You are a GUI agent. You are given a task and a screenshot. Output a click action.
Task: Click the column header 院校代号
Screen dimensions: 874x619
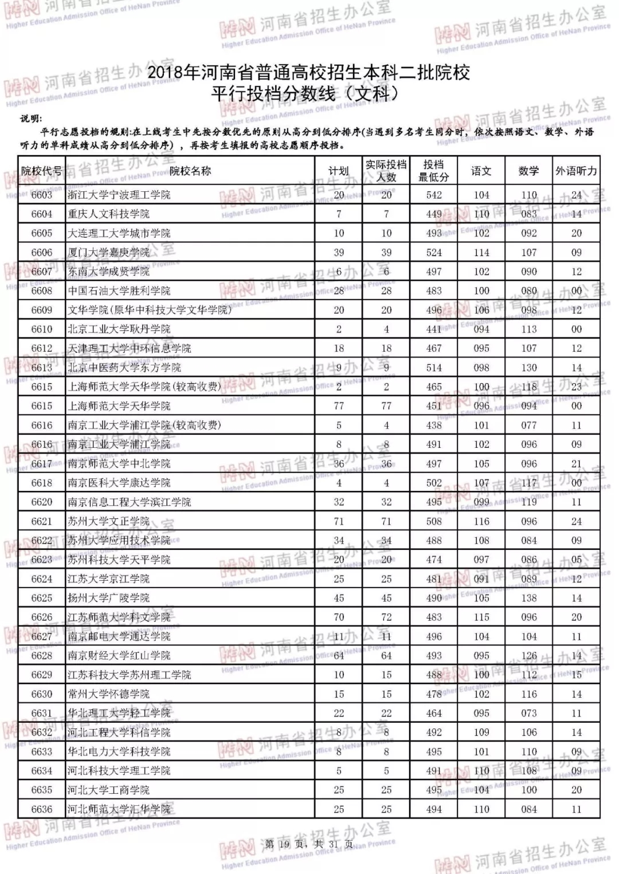click(41, 171)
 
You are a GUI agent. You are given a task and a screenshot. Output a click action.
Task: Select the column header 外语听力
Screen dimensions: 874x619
click(576, 171)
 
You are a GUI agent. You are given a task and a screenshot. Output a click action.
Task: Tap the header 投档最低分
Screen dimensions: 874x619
click(433, 171)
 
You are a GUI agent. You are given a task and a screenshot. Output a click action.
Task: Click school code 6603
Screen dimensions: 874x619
click(42, 195)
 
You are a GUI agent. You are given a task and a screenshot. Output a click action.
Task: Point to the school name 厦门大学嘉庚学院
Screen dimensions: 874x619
click(108, 253)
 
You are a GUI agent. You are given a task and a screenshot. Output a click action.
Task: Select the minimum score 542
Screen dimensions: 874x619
click(434, 195)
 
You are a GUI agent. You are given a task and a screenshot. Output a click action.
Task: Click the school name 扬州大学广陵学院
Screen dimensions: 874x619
click(108, 598)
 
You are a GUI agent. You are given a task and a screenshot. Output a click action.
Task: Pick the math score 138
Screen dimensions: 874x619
click(529, 598)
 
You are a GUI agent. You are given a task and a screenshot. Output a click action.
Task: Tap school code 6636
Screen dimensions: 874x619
click(42, 809)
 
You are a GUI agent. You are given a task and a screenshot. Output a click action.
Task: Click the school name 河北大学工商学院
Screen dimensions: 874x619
click(108, 790)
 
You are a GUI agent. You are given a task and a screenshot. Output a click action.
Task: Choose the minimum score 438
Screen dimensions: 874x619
click(434, 425)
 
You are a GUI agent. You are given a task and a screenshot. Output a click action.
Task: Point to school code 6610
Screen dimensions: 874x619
click(42, 329)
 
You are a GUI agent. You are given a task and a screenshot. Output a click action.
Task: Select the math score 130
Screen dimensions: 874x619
click(529, 368)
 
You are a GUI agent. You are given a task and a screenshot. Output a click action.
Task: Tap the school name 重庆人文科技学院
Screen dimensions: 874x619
click(108, 214)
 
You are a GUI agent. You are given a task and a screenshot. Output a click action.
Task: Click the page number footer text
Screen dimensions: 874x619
click(309, 844)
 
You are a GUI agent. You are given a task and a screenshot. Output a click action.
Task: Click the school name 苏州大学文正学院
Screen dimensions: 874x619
click(108, 521)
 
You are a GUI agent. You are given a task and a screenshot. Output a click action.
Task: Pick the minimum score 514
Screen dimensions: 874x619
click(434, 368)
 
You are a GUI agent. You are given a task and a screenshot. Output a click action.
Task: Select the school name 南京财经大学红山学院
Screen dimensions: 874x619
click(119, 656)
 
